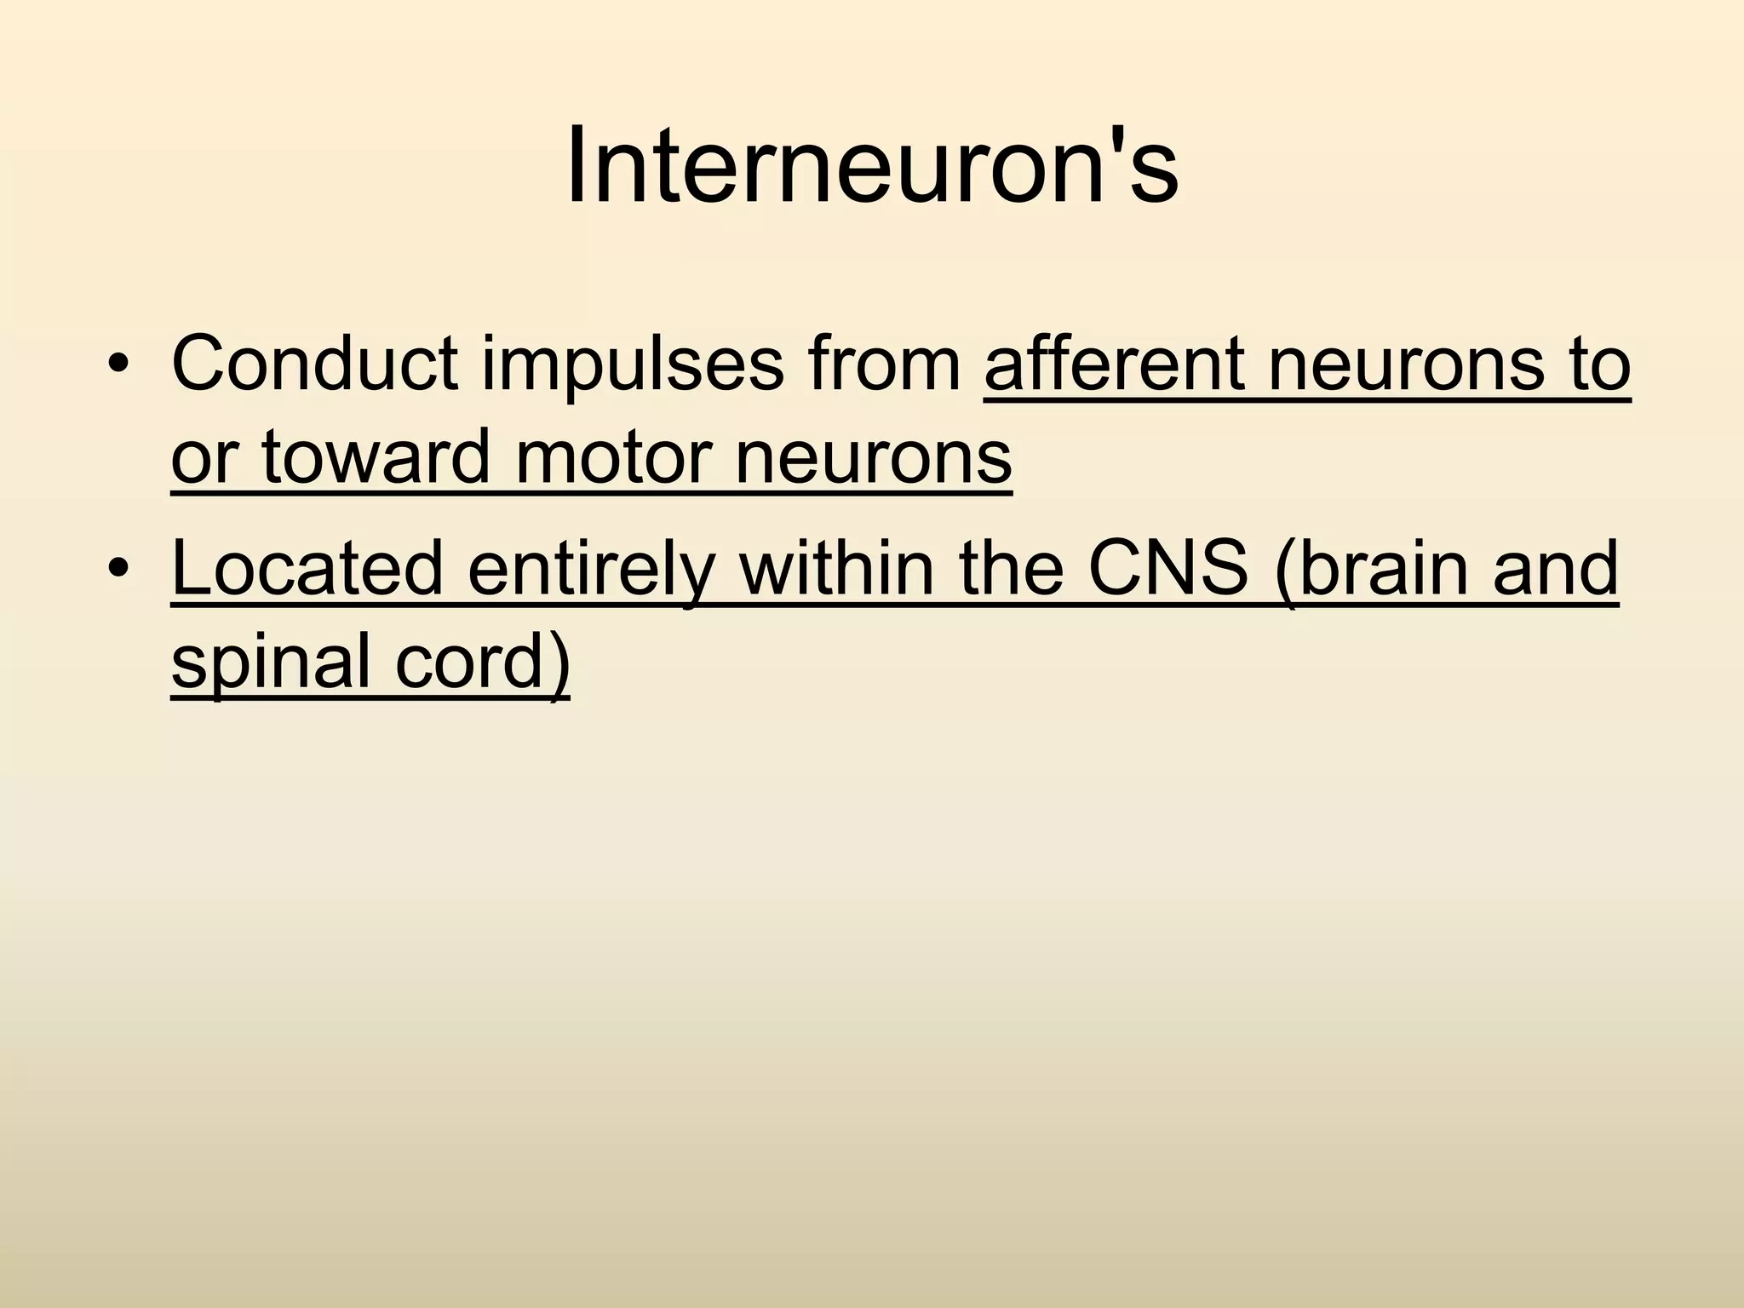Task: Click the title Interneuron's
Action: click(872, 166)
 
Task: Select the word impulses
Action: click(632, 364)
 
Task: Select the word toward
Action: click(376, 457)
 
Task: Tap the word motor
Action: click(611, 457)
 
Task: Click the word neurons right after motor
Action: click(872, 457)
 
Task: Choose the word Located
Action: click(307, 568)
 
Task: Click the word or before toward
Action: click(203, 457)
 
